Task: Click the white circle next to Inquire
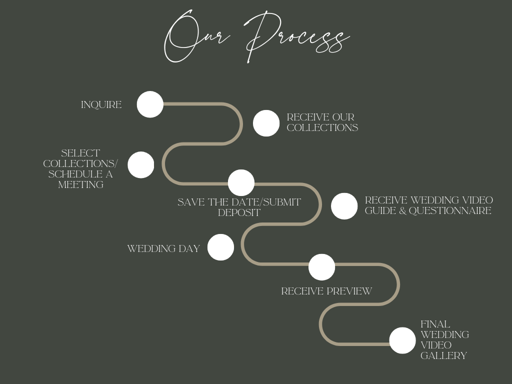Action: tap(150, 104)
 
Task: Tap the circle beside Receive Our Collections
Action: tap(266, 123)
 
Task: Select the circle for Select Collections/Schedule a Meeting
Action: tap(140, 165)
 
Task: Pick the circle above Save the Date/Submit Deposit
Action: tap(241, 182)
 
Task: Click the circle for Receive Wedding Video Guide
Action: tap(344, 206)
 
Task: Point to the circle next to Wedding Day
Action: tap(220, 247)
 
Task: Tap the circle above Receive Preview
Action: tap(321, 267)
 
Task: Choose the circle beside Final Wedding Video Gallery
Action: tap(402, 340)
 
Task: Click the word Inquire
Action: tap(101, 105)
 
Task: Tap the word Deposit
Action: tap(239, 213)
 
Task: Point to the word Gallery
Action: tap(443, 356)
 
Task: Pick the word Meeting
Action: tap(80, 184)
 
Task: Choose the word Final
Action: tap(435, 324)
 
